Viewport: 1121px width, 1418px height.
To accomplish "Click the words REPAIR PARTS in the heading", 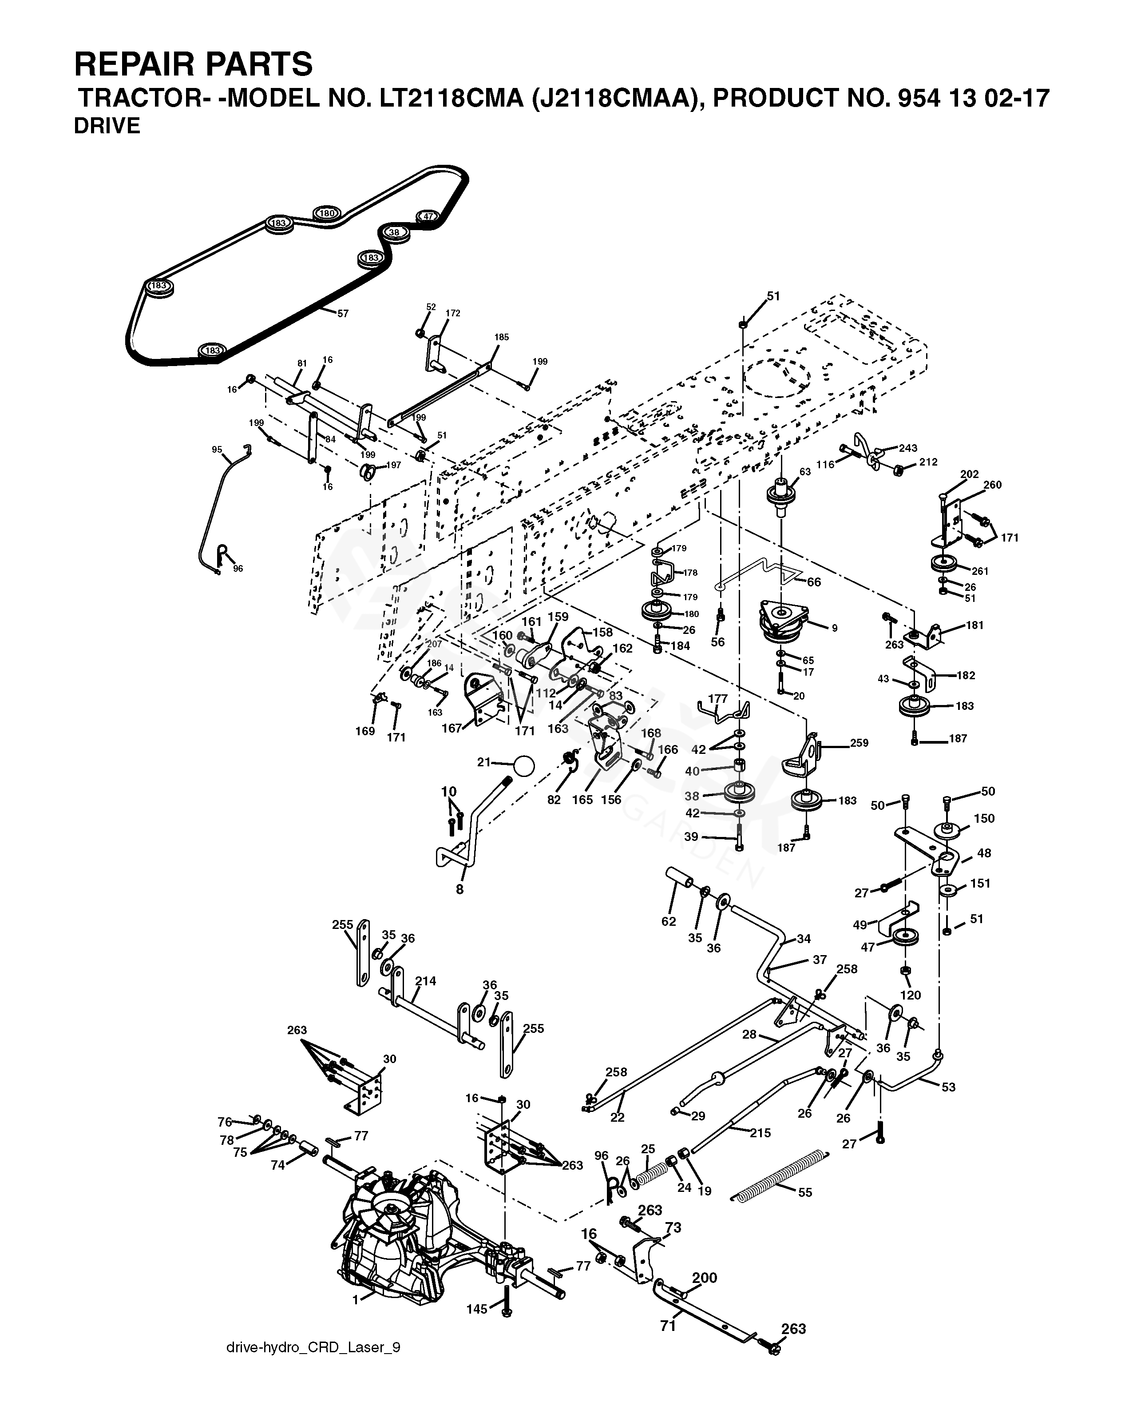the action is tap(193, 64).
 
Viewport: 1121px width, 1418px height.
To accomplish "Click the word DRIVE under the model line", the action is tap(107, 126).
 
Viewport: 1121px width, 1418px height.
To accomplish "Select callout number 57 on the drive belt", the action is tap(343, 314).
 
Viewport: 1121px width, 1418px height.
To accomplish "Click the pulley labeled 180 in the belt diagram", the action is tap(326, 214).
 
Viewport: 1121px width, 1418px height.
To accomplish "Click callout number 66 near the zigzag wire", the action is tap(814, 582).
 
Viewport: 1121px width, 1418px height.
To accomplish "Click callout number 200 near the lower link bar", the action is tap(704, 1278).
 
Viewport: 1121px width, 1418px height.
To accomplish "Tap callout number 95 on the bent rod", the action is tap(217, 450).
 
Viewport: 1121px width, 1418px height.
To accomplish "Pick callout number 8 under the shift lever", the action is tap(459, 890).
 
